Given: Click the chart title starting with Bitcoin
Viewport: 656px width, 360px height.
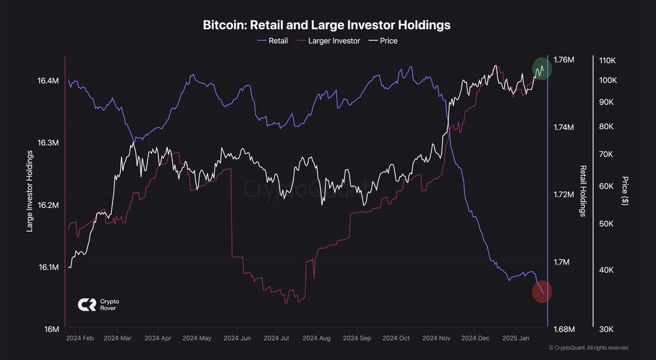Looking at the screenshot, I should coord(326,25).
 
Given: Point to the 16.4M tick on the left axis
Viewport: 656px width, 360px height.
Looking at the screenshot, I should coord(48,81).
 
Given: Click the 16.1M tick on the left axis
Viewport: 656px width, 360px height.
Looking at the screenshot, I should coord(48,267).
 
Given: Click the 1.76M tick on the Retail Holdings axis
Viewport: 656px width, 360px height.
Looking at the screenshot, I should coord(564,60).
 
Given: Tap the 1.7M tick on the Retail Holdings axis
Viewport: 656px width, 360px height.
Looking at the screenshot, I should coord(562,262).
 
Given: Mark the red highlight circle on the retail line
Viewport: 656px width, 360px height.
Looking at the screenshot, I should coord(542,292).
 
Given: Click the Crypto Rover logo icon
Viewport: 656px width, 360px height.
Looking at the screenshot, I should coord(86,305).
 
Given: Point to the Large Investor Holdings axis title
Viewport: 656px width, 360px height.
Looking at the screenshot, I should coord(30,191).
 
